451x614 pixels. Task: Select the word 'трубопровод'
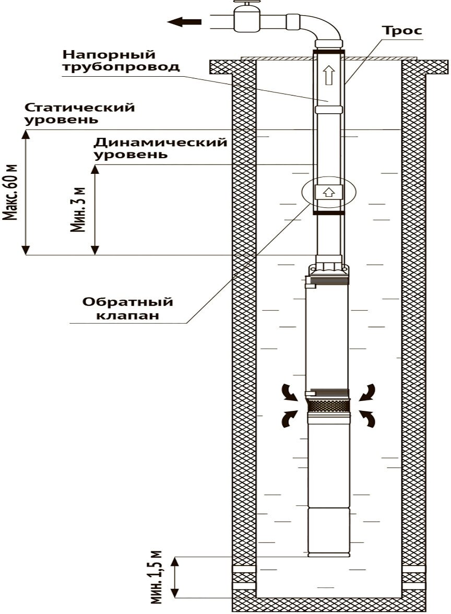[x=121, y=67]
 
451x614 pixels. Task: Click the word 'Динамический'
[x=160, y=143]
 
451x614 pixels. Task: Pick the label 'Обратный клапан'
[x=127, y=309]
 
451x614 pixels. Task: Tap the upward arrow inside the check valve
[x=328, y=191]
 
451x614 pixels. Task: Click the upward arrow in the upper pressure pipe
[x=328, y=76]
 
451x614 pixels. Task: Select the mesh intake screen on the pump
[x=328, y=406]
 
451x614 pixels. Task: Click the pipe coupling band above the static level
[x=328, y=110]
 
